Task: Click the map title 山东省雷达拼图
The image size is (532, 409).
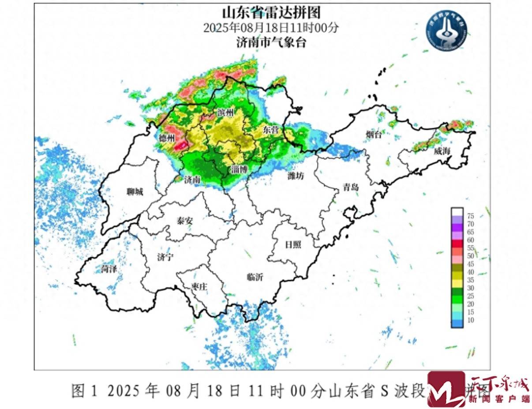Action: pos(270,12)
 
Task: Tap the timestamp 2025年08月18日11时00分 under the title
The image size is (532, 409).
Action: pos(270,27)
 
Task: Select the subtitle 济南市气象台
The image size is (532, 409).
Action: pos(270,43)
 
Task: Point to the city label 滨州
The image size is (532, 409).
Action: pos(225,113)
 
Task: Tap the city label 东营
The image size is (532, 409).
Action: pos(270,130)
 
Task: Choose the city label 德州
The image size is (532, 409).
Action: pos(167,139)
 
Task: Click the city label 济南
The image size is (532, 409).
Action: pos(192,180)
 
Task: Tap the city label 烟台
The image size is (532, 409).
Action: pos(373,135)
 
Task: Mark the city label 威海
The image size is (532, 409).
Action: pos(441,151)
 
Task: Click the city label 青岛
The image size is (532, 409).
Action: pos(351,187)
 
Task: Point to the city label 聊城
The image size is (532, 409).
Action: pos(135,192)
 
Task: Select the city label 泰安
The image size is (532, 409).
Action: pos(184,221)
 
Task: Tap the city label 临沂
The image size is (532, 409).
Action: pos(255,277)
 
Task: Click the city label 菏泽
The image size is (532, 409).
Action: pos(109,268)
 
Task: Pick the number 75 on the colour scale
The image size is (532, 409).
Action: pos(470,216)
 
